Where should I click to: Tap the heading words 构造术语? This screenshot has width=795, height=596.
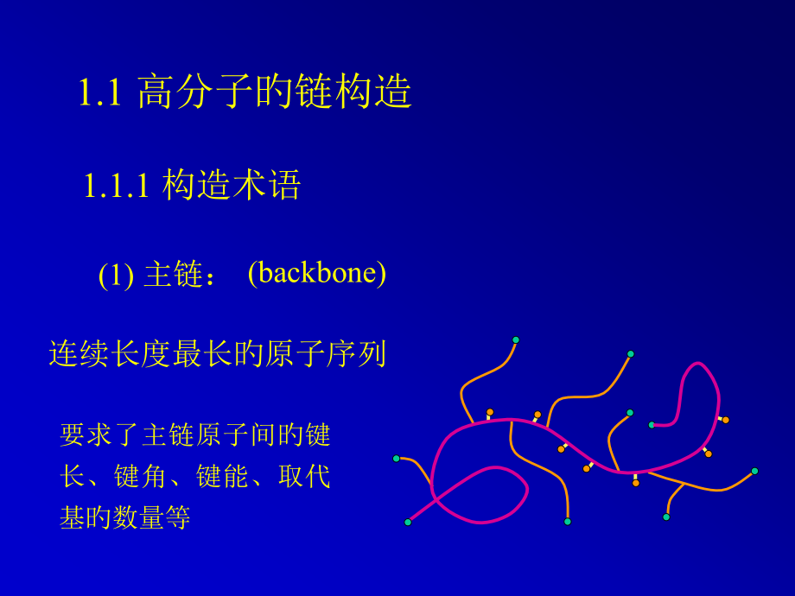232,186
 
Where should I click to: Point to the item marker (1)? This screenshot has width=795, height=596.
116,276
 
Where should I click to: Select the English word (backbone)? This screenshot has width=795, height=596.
316,273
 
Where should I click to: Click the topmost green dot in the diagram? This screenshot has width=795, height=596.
516,339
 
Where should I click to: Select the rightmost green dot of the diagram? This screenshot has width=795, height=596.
754,471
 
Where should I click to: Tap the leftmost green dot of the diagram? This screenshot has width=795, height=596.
397,459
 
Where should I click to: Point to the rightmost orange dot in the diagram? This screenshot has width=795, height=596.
725,420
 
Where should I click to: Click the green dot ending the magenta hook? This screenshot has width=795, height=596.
652,424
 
